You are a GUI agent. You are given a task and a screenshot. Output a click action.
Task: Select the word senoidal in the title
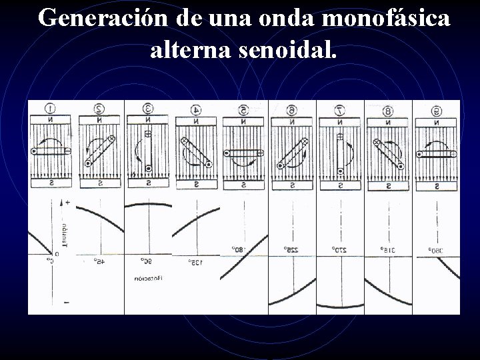pos(287,51)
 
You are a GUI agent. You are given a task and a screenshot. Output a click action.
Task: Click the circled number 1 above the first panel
pos(50,108)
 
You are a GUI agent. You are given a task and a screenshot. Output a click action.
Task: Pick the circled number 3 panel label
pos(148,108)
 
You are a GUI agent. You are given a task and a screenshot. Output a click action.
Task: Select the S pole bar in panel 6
pos(291,183)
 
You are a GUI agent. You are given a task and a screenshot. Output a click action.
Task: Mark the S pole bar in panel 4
pos(196,183)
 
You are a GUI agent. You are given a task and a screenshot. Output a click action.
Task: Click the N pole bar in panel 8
pos(388,122)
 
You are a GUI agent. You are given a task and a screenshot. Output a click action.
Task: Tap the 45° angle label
pos(99,261)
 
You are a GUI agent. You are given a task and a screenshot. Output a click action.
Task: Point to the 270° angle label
pos(339,249)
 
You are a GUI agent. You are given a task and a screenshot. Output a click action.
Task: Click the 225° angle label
pos(291,249)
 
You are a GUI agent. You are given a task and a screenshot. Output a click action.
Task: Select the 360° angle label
pos(436,249)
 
